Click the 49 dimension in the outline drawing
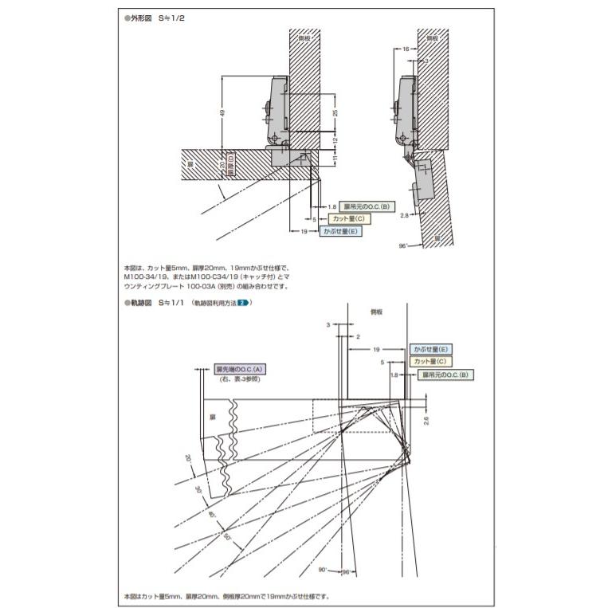pos(222,113)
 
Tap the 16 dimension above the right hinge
pos(405,49)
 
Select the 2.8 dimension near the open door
pos(404,215)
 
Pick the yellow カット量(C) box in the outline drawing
pos(348,218)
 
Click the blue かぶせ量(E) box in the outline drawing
pos(341,231)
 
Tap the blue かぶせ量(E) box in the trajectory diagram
pos(431,350)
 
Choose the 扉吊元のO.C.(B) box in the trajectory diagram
pos(446,374)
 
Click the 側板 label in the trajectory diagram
pos(377,312)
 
